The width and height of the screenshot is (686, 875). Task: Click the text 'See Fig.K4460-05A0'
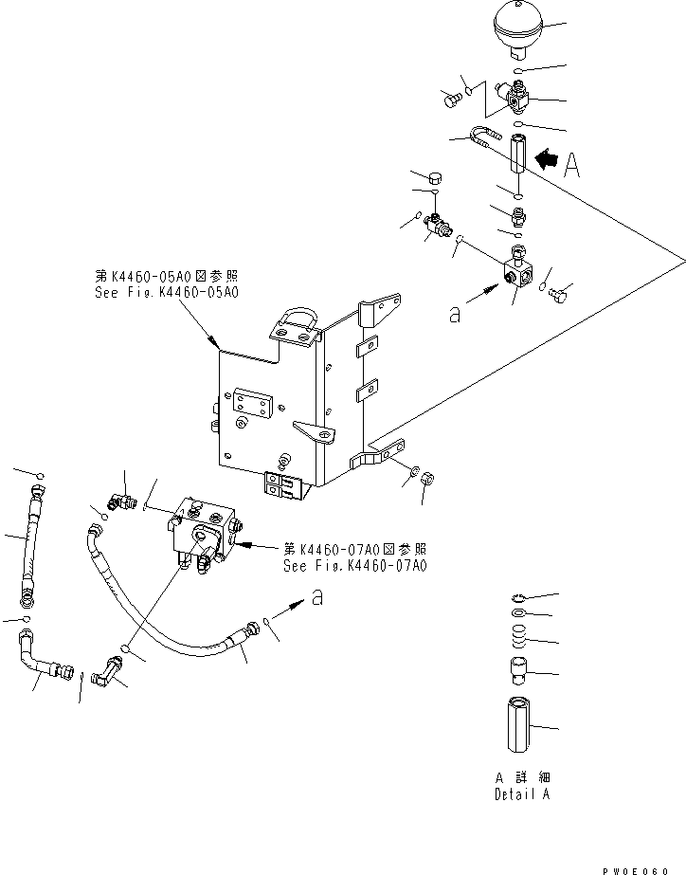[167, 293]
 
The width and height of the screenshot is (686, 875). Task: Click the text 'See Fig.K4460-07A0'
[355, 566]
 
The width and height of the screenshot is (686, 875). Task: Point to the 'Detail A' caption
[521, 794]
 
